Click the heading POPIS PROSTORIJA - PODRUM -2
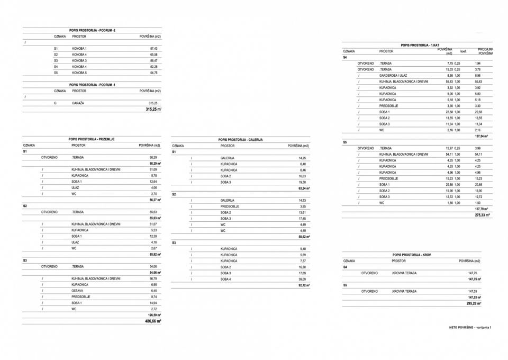pyautogui.click(x=92, y=30)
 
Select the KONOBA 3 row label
pyautogui.click(x=79, y=60)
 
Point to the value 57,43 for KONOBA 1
pyautogui.click(x=153, y=48)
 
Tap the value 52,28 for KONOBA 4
pyautogui.click(x=153, y=67)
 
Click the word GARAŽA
pyautogui.click(x=78, y=103)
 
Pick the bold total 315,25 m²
pyautogui.click(x=153, y=109)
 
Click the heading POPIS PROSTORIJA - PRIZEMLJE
pyautogui.click(x=92, y=139)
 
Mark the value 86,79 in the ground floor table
pyautogui.click(x=153, y=278)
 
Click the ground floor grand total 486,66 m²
pyautogui.click(x=153, y=321)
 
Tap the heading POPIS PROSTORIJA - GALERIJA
pyautogui.click(x=240, y=140)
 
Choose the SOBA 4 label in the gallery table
pyautogui.click(x=226, y=279)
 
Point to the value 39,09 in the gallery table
pyautogui.click(x=303, y=279)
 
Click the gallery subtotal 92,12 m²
pyautogui.click(x=303, y=285)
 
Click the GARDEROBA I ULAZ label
pyautogui.click(x=393, y=75)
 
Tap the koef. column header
pyautogui.click(x=464, y=51)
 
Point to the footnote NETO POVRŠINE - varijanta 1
pyautogui.click(x=470, y=328)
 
